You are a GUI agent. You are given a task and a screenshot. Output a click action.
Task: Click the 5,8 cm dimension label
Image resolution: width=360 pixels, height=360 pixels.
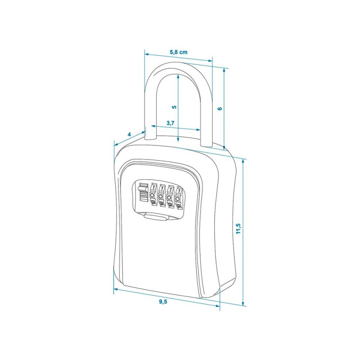[x=178, y=52]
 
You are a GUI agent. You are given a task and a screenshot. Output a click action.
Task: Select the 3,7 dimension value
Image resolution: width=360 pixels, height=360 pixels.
[x=171, y=123]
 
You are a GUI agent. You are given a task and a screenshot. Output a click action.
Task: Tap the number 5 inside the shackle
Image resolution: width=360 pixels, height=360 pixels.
[x=175, y=107]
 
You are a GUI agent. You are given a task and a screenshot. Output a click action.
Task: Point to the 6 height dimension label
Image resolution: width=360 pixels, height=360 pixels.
[x=220, y=108]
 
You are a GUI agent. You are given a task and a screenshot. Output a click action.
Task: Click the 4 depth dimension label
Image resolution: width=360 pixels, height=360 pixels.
[x=129, y=134]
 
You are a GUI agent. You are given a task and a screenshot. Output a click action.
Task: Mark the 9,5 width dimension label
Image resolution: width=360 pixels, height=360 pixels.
[x=163, y=301]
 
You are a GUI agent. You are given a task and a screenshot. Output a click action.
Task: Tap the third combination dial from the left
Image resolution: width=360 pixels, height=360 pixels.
[x=170, y=196]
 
